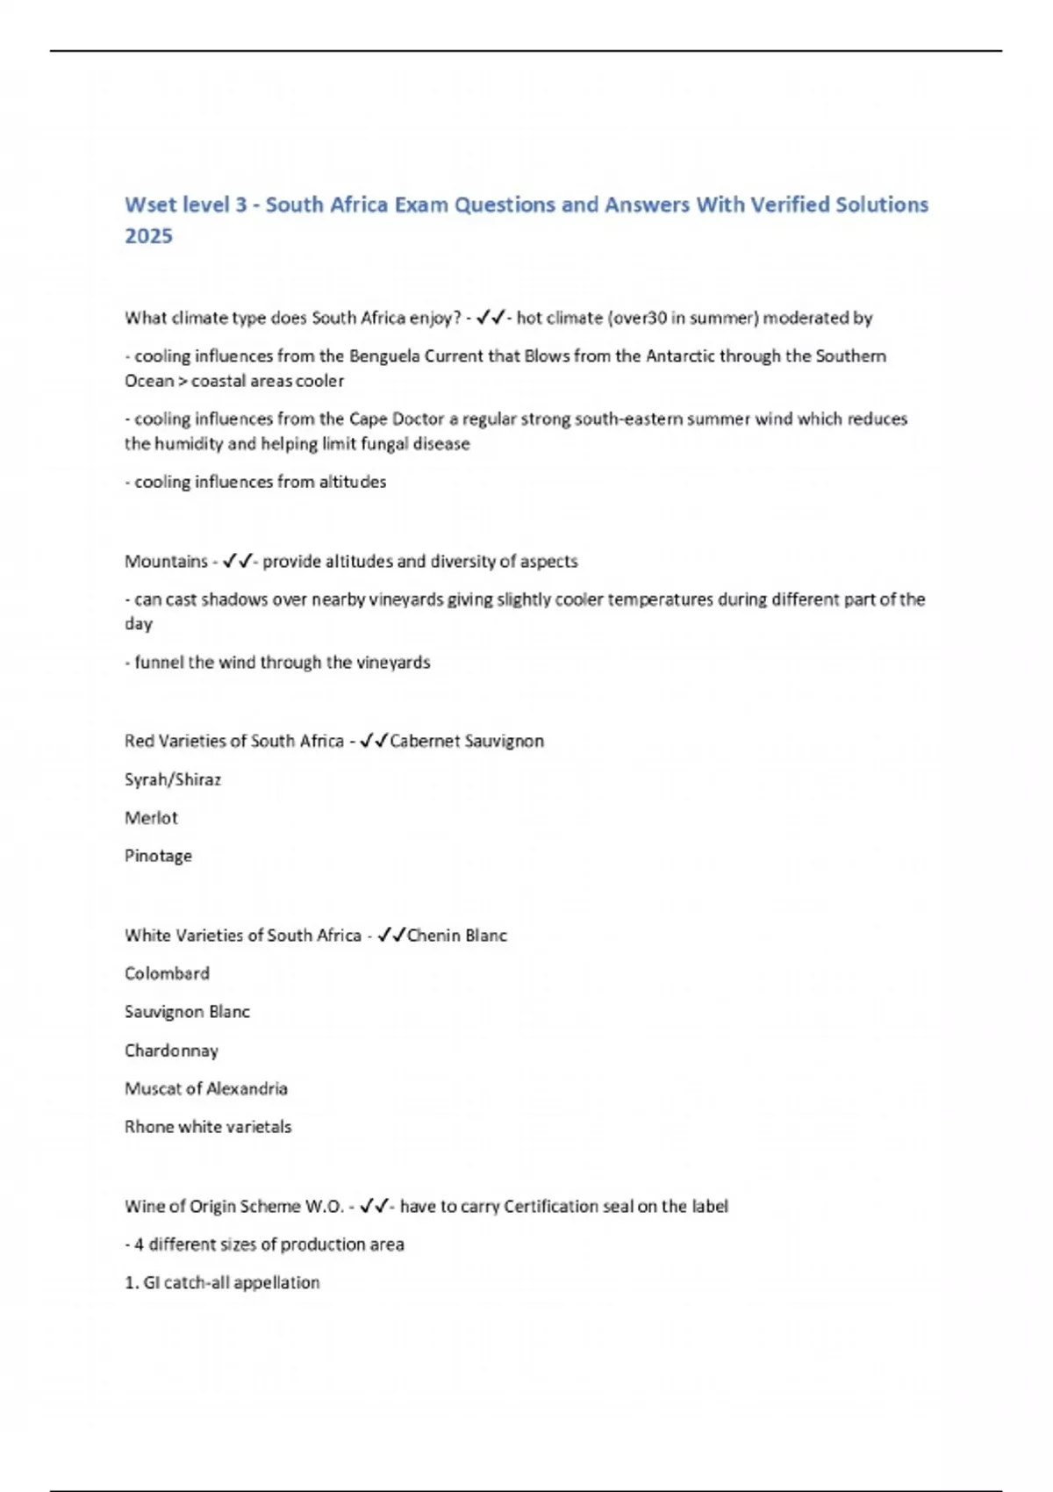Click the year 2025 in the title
(148, 236)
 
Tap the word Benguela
(384, 356)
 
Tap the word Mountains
(166, 561)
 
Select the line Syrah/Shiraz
(173, 779)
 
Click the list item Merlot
(151, 818)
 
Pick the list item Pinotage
(158, 856)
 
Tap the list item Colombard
(167, 973)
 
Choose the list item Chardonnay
(171, 1051)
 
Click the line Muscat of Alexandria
(206, 1088)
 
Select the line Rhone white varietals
(208, 1127)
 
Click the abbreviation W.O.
(324, 1207)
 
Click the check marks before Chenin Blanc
(391, 936)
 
